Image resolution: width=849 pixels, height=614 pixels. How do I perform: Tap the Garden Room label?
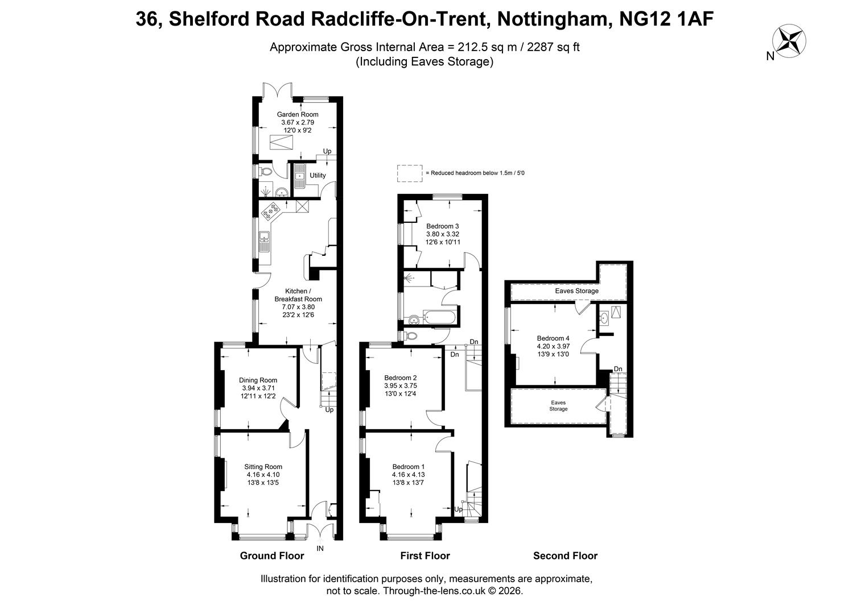point(298,114)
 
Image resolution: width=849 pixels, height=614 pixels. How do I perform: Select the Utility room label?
point(318,175)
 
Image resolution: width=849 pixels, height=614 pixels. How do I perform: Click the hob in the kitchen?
point(271,211)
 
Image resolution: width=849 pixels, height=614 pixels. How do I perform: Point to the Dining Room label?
point(258,380)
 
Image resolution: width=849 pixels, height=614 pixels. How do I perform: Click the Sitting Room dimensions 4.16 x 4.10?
point(263,475)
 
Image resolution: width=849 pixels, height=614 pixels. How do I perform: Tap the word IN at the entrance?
point(320,549)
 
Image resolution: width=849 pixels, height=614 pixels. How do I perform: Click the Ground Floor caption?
point(272,555)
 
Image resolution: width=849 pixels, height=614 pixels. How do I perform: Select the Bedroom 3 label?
point(443,226)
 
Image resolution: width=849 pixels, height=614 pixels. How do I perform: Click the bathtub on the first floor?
point(439,317)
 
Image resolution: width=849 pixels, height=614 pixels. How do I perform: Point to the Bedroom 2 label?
point(401,377)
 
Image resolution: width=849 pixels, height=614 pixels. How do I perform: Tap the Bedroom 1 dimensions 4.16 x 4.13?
point(409,475)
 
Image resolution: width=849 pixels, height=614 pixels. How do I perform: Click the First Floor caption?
point(425,555)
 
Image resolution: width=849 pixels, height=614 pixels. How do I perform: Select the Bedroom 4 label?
point(553,338)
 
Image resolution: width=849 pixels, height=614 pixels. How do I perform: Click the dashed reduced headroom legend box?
point(410,173)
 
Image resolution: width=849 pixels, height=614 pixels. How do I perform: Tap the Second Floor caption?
point(566,555)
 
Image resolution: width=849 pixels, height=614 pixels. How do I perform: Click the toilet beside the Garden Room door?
point(266,172)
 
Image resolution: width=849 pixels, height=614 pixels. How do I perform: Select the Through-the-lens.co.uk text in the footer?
point(434,591)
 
